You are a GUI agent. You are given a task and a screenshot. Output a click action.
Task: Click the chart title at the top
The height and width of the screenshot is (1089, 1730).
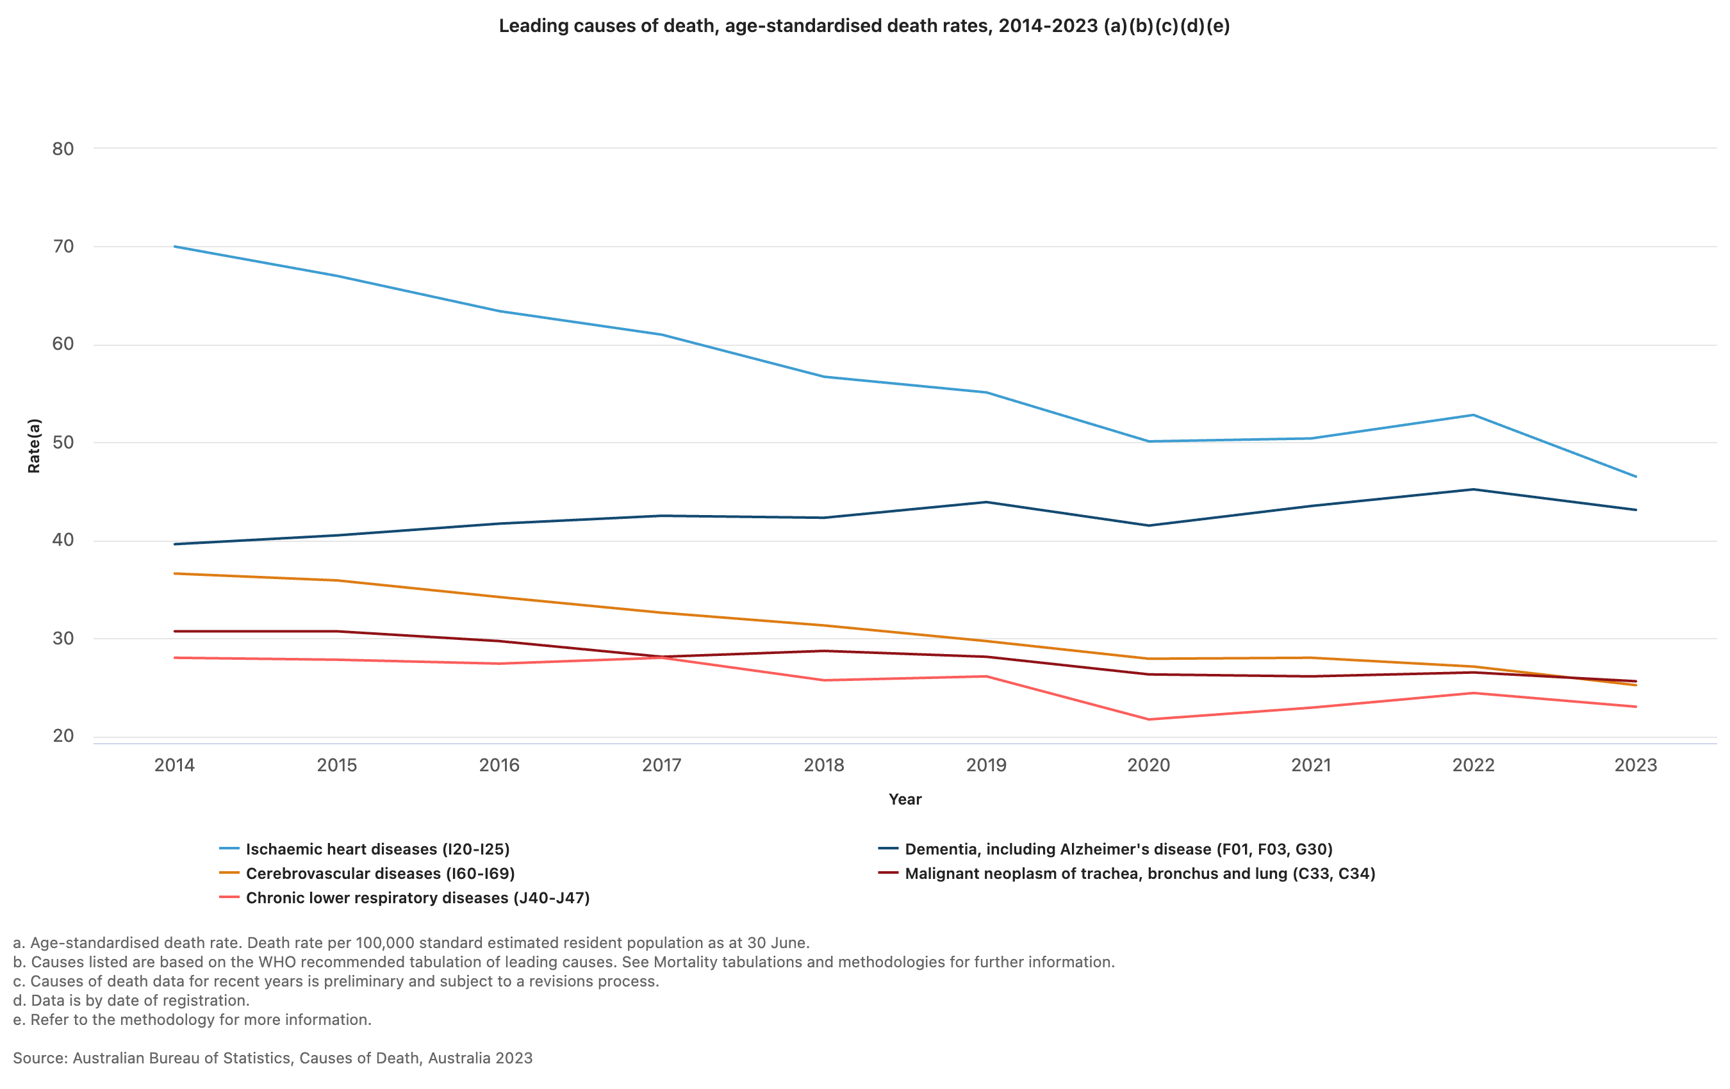(864, 26)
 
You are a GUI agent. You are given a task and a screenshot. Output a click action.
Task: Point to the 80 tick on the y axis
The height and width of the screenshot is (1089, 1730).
(63, 149)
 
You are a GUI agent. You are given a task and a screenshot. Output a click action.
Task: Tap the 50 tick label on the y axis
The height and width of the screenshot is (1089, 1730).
(63, 443)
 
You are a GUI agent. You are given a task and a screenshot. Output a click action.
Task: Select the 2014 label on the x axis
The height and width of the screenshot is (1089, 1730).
(174, 765)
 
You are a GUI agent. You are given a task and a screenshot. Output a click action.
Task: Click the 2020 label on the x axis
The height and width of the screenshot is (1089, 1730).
(1148, 765)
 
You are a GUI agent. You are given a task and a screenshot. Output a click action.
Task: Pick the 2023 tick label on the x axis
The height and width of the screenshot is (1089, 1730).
(1635, 765)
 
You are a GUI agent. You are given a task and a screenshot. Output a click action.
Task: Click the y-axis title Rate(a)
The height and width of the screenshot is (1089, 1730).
(34, 445)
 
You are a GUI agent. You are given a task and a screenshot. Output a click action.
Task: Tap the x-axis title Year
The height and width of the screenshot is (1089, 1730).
(905, 799)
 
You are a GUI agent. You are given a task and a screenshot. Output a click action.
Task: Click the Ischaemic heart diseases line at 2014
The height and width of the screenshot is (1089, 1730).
(174, 247)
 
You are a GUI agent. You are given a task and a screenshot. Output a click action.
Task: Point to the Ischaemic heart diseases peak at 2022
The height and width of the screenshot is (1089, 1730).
(1474, 415)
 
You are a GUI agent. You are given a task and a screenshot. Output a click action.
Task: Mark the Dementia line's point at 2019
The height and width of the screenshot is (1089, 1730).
(986, 502)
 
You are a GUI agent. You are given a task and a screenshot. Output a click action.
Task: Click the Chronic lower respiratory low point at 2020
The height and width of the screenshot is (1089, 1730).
(1149, 719)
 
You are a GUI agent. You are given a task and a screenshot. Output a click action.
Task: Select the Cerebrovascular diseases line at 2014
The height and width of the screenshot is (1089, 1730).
(174, 573)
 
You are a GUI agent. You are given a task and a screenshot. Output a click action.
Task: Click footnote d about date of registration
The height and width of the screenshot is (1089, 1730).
(131, 1000)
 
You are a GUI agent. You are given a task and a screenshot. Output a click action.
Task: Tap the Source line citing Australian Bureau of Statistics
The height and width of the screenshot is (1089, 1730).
(273, 1058)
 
